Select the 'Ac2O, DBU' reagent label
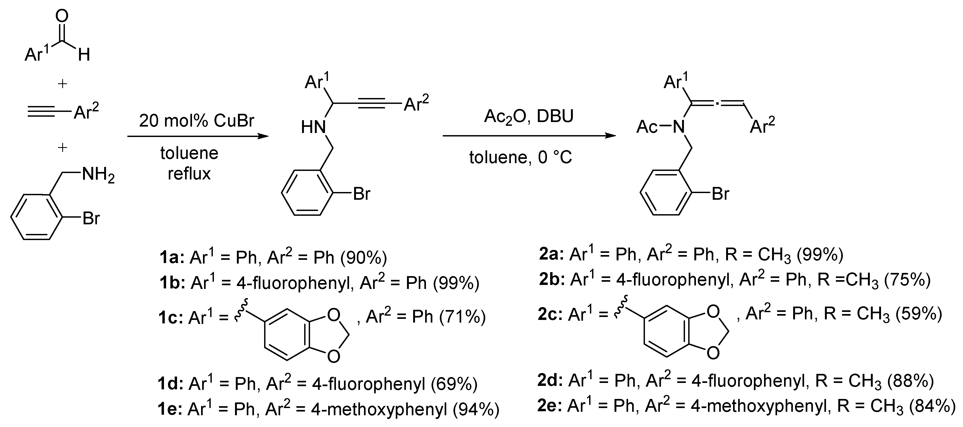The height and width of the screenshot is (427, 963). pos(529,117)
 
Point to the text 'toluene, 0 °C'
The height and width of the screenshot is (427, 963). pos(520,157)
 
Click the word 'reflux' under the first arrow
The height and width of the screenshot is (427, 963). pos(189,174)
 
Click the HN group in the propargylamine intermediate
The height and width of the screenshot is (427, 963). pos(313,127)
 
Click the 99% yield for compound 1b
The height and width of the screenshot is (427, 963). pos(456,283)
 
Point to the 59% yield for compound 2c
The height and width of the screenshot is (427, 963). pos(918,314)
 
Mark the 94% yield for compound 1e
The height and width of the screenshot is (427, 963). pos(476,410)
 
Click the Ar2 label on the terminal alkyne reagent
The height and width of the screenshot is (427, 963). pos(86,111)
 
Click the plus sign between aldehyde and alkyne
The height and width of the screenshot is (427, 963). pos(62,83)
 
